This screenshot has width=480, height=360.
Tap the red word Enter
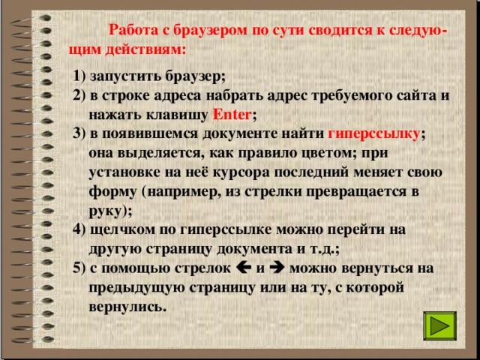[232, 115]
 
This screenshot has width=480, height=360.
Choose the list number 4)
[80, 229]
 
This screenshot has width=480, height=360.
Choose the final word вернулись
[127, 307]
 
